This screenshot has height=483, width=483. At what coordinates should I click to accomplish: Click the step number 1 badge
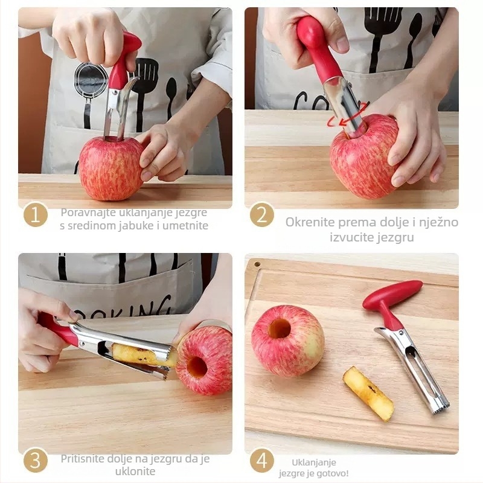(36, 215)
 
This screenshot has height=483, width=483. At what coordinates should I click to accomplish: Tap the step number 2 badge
(262, 215)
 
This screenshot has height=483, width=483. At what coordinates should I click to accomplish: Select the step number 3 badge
(36, 461)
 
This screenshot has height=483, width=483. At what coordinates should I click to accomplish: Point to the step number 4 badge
(262, 461)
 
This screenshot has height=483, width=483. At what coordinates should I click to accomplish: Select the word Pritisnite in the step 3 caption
(82, 459)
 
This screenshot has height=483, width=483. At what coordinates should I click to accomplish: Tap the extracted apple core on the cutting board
(369, 394)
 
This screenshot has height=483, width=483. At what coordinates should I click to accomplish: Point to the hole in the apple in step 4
(280, 328)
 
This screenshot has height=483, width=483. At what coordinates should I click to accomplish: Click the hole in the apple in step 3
(197, 367)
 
